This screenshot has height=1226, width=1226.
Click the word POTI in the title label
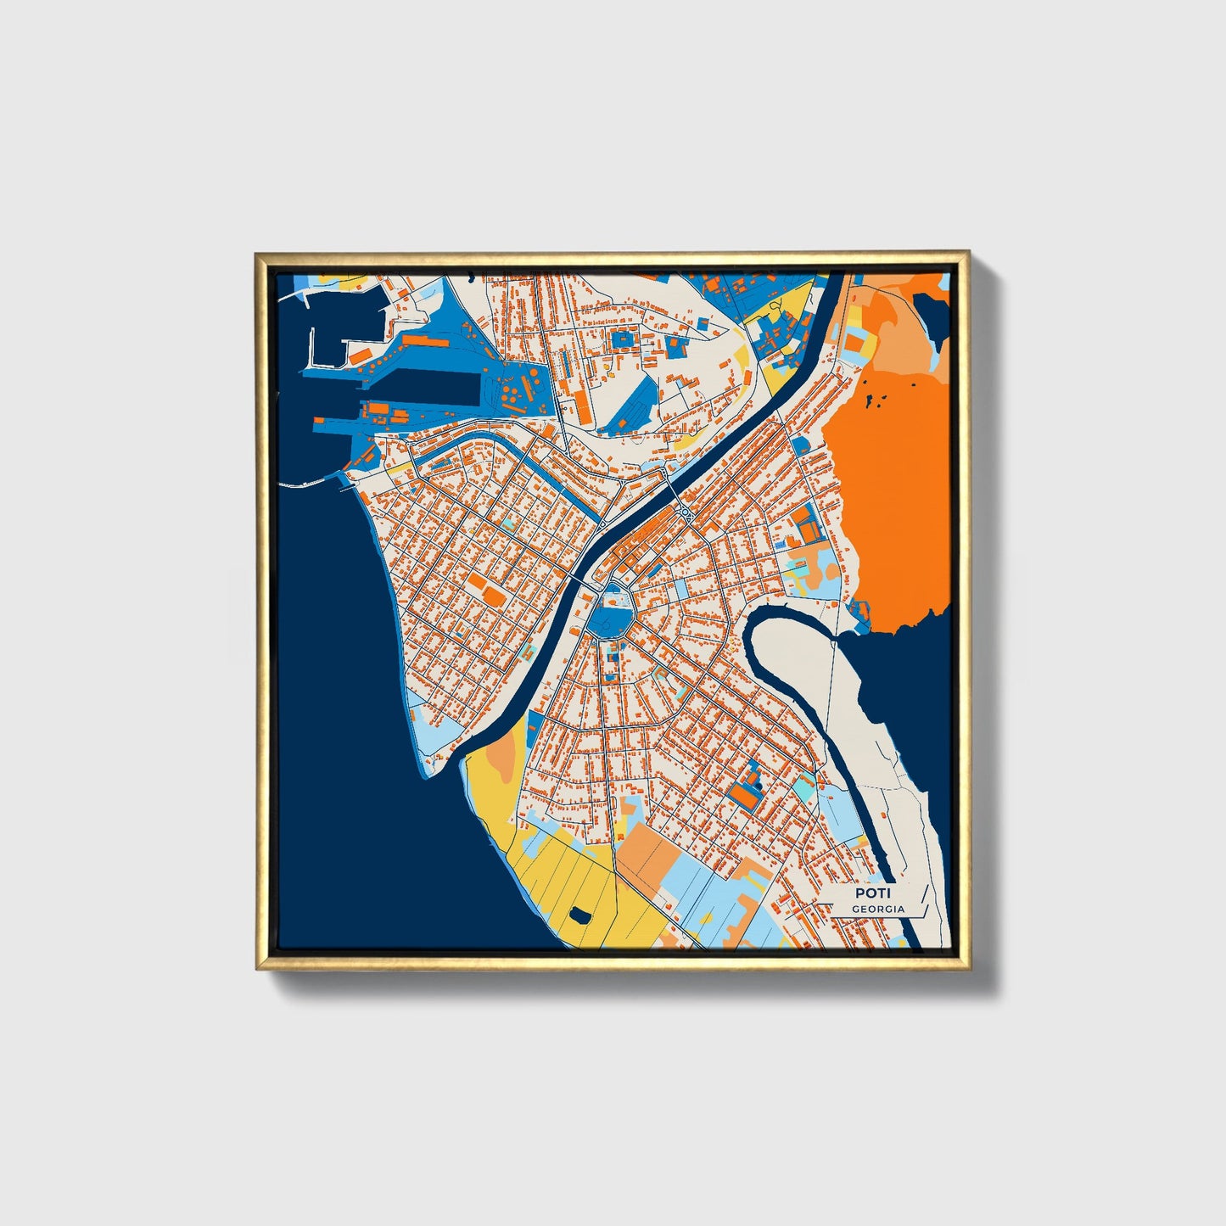point(869,893)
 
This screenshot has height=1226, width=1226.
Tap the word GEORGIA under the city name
point(878,910)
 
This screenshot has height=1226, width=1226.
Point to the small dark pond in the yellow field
point(580,915)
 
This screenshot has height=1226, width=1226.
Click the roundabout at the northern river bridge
point(684,512)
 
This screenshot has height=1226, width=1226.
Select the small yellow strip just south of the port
point(394,467)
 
